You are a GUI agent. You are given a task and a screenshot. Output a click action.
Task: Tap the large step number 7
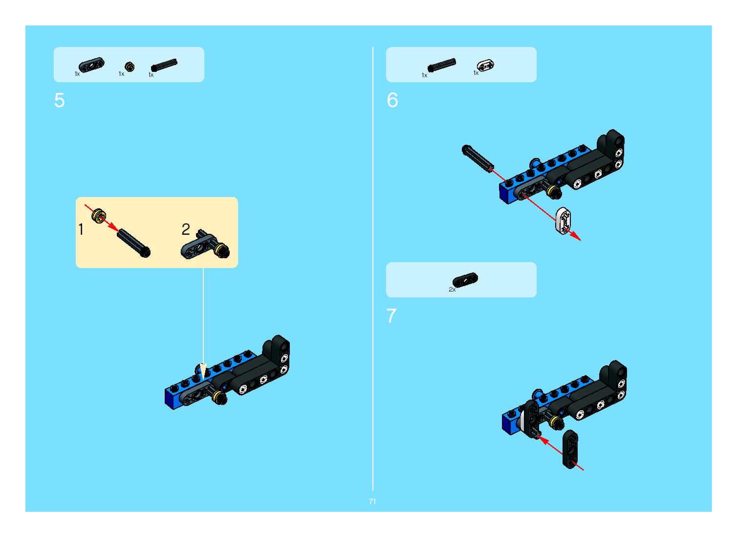point(391,316)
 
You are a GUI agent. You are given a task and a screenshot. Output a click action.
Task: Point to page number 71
point(372,502)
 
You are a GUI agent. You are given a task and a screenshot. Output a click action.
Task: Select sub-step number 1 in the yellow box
point(81,229)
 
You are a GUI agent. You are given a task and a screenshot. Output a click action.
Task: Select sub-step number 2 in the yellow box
point(186,229)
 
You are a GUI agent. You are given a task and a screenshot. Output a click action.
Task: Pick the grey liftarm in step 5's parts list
point(92,65)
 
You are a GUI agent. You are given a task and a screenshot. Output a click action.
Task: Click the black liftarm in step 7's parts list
point(465,279)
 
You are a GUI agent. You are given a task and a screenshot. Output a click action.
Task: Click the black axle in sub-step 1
point(134,243)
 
